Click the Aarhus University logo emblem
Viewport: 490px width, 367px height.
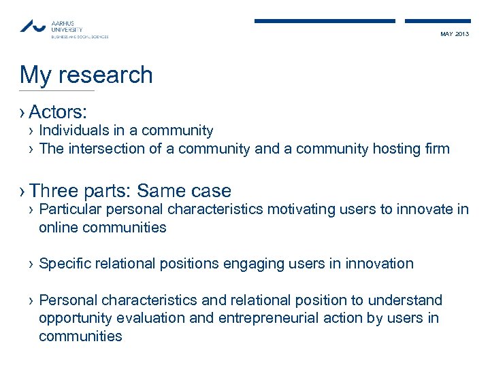[33, 27]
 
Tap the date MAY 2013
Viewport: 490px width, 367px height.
[455, 34]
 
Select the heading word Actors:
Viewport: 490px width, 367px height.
[62, 111]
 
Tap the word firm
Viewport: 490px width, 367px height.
[436, 149]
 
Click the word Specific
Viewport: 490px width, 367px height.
[66, 264]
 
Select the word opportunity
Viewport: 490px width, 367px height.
[73, 318]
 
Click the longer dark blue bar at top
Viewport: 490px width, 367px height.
[325, 21]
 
